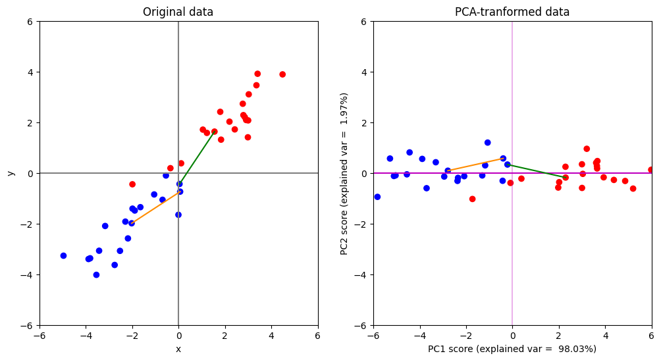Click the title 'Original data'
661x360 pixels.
[x=178, y=12]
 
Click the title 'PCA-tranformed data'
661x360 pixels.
[x=512, y=12]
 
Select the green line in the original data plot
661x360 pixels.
[x=197, y=157]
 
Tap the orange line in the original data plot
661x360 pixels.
[x=155, y=207]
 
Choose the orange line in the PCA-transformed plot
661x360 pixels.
[x=475, y=165]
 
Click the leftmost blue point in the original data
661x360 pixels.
[x=63, y=255]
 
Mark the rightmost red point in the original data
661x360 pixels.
[x=282, y=74]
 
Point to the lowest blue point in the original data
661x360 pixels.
[x=96, y=275]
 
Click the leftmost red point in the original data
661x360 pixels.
[x=132, y=184]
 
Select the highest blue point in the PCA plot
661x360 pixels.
[x=488, y=142]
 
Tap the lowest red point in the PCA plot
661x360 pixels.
[x=472, y=199]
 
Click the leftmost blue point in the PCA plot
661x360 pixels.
[x=377, y=197]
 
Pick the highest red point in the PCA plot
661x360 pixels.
[x=587, y=149]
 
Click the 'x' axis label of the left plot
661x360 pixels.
[x=178, y=349]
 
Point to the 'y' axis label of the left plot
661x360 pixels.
[x=11, y=173]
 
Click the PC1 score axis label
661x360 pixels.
[x=512, y=349]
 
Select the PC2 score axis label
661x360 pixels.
[x=344, y=174]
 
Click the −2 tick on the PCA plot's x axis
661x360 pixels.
[x=466, y=336]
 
